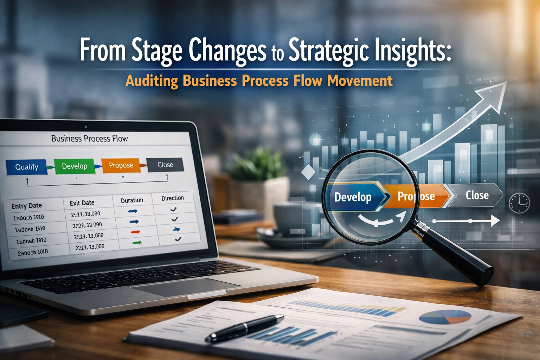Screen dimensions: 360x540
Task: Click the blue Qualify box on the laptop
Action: [x=26, y=167]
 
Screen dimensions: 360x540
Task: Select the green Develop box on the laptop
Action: [x=75, y=166]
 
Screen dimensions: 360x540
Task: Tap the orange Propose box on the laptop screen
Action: [x=121, y=165]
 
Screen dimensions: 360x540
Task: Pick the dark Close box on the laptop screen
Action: [x=165, y=165]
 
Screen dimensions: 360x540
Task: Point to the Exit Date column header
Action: [x=82, y=203]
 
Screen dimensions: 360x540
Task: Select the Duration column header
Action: [x=132, y=200]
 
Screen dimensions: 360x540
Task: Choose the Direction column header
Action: [x=172, y=198]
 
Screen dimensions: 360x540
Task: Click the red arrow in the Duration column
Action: [x=135, y=232]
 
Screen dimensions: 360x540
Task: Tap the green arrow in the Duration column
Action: [x=137, y=243]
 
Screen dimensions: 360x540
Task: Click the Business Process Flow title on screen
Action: [x=90, y=139]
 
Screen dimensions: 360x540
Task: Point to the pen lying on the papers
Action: [x=244, y=328]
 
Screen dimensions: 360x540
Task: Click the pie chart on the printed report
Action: [x=445, y=317]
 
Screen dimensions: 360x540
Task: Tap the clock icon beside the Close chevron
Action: [x=519, y=203]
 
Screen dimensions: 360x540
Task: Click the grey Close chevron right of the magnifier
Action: [x=476, y=195]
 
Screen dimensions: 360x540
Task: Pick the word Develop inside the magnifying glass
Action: [x=353, y=197]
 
